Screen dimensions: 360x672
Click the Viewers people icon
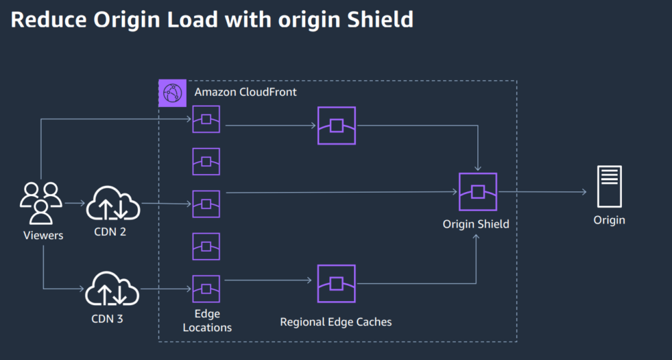point(41,202)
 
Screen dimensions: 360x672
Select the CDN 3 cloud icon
point(112,288)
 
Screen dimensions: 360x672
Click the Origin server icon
point(609,187)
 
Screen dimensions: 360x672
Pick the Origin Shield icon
point(477,191)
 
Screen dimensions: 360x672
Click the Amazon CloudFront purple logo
point(172,93)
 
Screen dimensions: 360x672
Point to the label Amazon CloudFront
point(245,92)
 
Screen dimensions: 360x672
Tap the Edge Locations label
point(207,321)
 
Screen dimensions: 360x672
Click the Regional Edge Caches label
point(336,321)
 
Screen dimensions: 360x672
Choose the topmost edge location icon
point(206,119)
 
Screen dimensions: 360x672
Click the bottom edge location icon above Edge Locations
point(206,289)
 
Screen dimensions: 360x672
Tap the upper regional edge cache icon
point(336,125)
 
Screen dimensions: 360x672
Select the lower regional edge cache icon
point(336,283)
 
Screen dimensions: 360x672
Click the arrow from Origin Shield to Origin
point(542,192)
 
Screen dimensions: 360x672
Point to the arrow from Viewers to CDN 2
point(74,203)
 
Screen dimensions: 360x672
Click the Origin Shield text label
point(476,224)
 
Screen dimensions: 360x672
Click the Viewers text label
point(42,235)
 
